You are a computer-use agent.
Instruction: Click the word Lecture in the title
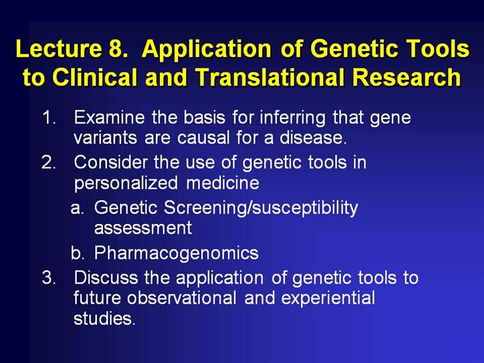tap(58, 48)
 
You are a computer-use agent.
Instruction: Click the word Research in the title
tap(407, 77)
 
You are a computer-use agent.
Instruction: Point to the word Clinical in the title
tap(95, 77)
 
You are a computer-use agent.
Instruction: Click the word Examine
tap(110, 117)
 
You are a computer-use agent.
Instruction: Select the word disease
tap(313, 137)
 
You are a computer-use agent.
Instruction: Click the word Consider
tap(110, 163)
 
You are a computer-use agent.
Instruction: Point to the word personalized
tap(126, 184)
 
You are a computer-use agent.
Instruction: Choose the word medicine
tap(223, 183)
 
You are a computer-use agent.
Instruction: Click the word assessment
tap(143, 228)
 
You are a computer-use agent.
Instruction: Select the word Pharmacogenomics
tap(176, 253)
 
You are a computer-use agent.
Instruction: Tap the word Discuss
tap(106, 278)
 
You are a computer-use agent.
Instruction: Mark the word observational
tap(182, 298)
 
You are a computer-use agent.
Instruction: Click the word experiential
tap(328, 298)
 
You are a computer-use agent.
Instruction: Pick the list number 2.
tap(49, 163)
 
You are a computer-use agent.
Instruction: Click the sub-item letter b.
tap(77, 253)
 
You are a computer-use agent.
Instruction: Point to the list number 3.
tap(49, 278)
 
